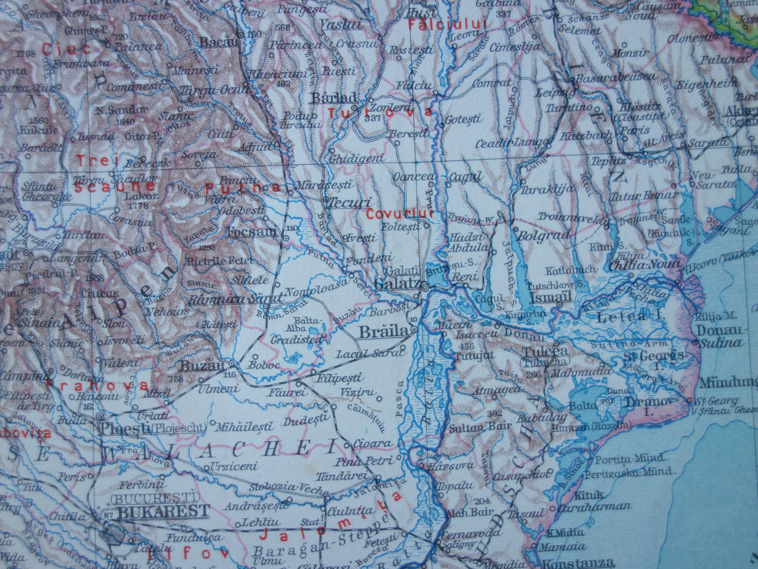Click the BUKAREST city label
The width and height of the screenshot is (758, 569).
click(x=163, y=511)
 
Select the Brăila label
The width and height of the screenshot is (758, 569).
click(x=383, y=332)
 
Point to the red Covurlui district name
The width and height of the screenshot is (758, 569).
click(x=400, y=214)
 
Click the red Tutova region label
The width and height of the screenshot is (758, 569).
click(x=380, y=112)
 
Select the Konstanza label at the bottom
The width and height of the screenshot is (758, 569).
click(x=578, y=563)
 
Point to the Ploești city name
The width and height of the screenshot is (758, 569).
click(x=124, y=428)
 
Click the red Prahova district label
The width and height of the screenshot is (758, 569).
click(x=97, y=385)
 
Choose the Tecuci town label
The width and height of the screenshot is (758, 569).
click(x=349, y=203)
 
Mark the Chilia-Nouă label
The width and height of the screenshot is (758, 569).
click(x=645, y=264)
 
